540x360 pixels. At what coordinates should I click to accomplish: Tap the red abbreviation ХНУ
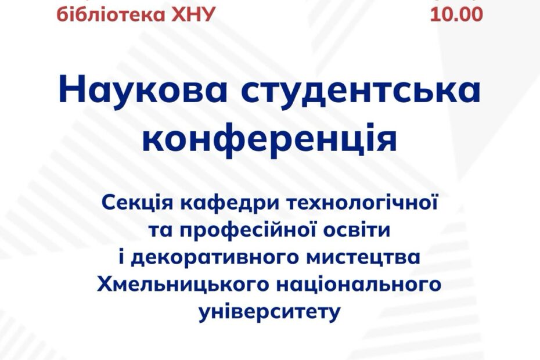pyautogui.click(x=192, y=15)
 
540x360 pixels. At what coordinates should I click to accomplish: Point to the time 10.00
pyautogui.click(x=456, y=15)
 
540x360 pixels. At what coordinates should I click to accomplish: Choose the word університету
pyautogui.click(x=269, y=313)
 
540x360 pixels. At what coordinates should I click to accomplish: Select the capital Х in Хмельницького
pyautogui.click(x=105, y=285)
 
